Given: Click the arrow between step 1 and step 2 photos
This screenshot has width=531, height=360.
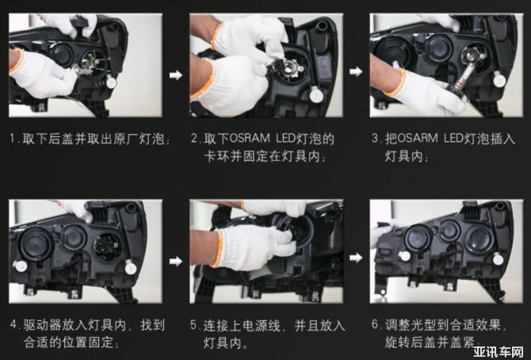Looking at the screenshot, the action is (176, 75).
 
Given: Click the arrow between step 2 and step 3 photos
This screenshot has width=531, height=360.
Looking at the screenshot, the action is (356, 71).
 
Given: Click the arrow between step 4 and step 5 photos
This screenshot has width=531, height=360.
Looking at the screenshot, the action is (176, 261).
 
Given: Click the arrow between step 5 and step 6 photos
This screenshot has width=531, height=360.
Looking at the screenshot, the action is (356, 258).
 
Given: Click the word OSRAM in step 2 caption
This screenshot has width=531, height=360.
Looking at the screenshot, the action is (250, 138).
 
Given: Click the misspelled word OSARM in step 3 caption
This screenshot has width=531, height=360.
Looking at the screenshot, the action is (417, 138).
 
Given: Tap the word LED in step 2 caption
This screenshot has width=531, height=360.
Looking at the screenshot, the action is (285, 138).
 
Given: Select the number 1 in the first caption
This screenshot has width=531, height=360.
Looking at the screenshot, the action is (13, 139).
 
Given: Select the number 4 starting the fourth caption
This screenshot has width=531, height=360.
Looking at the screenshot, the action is (13, 324).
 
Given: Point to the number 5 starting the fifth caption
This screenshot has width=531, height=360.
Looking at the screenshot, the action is (193, 325).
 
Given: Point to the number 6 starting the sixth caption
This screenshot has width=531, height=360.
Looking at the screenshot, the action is (375, 324).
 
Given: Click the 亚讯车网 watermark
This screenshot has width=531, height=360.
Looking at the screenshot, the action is (499, 352).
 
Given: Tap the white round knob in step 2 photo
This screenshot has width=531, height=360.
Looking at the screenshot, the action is (316, 95).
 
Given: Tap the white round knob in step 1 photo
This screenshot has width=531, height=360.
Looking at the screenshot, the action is (111, 82).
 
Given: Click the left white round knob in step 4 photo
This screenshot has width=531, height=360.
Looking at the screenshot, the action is (21, 266).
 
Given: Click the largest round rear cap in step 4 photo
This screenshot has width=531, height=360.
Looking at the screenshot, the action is (36, 243).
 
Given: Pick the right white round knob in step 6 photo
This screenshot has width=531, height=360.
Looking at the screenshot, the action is (498, 259).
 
